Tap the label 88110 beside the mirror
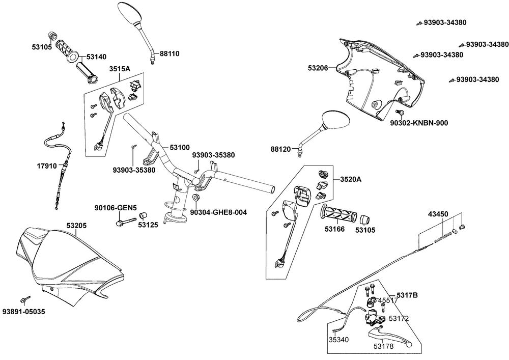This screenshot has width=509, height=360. [x=170, y=53]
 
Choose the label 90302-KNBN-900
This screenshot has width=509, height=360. [x=419, y=123]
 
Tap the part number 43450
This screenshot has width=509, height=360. [x=438, y=214]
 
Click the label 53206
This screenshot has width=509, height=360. [x=319, y=67]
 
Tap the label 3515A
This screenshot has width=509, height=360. [x=119, y=69]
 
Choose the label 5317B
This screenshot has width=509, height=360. [x=407, y=295]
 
